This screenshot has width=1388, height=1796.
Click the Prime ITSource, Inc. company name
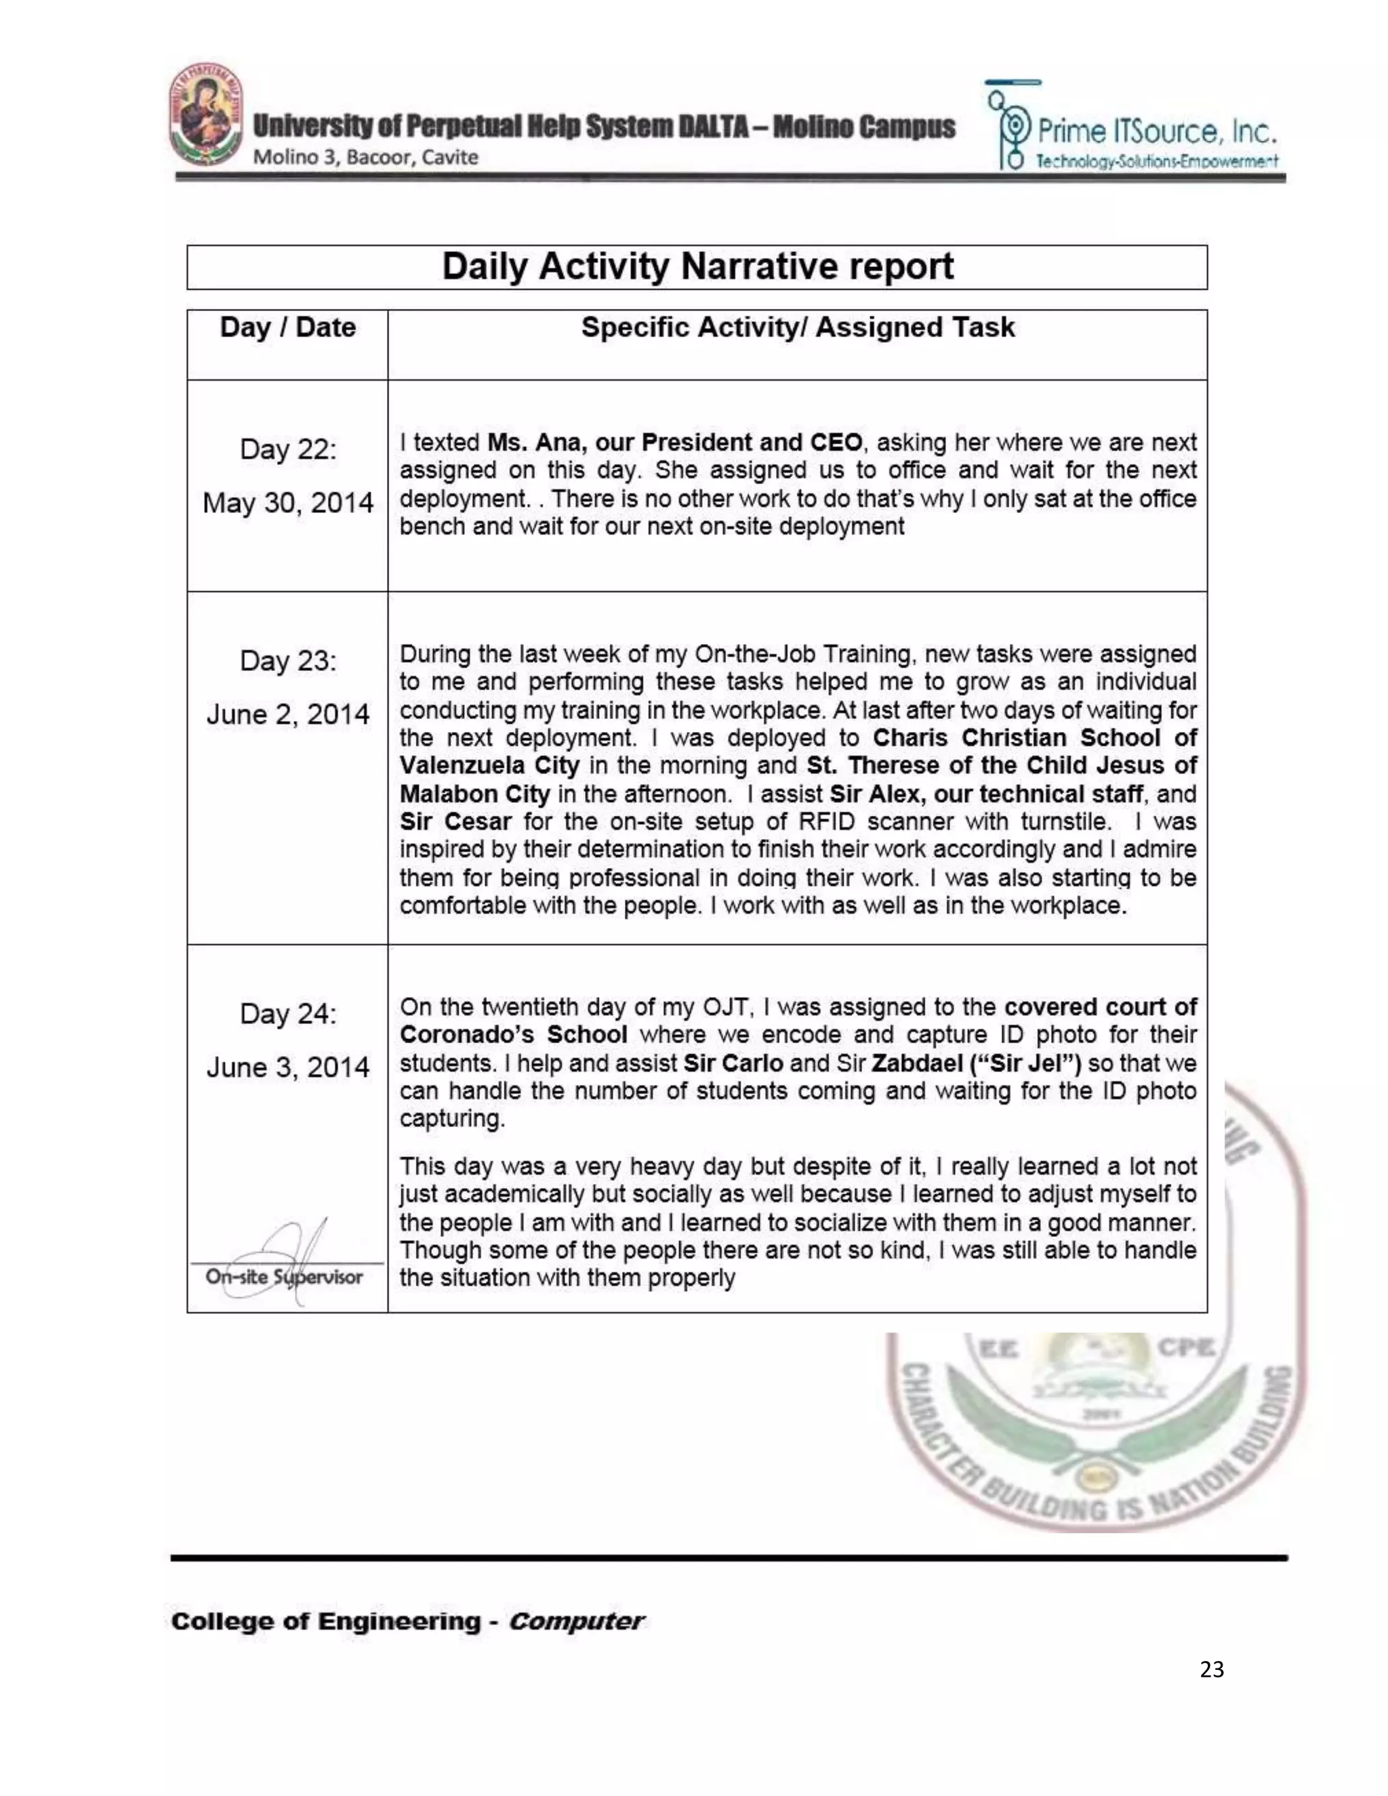[x=1156, y=131]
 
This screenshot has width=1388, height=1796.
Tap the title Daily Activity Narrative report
[x=697, y=266]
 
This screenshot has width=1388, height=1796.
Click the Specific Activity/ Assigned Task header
[x=797, y=327]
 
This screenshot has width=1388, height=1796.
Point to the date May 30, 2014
[x=288, y=502]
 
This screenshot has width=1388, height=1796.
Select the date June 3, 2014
[x=288, y=1067]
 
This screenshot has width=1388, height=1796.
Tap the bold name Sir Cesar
[x=455, y=821]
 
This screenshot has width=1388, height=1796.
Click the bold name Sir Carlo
[x=733, y=1063]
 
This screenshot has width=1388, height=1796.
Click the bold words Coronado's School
[x=513, y=1034]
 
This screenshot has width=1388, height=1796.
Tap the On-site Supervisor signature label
[x=285, y=1276]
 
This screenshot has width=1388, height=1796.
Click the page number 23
[x=1211, y=1669]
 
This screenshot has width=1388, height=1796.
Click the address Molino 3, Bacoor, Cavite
[x=365, y=157]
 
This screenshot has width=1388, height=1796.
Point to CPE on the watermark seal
[x=1185, y=1348]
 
